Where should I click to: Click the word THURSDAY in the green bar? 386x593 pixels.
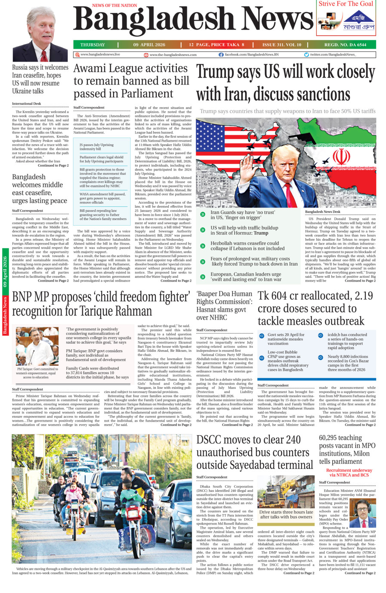pos(93,45)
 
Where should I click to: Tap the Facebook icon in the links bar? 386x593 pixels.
pos(221,55)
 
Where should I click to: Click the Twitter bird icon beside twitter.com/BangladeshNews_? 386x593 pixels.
pos(306,55)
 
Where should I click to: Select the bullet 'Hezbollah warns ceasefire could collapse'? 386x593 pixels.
pos(244,246)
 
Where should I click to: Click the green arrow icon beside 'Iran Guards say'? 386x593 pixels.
pos(203,214)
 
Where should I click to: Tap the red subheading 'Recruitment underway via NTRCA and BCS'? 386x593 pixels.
pos(349,472)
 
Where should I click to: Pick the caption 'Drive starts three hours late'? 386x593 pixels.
pos(286,514)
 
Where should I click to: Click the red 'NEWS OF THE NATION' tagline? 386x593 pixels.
pos(114,6)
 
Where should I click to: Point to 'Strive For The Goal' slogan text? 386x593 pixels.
pos(346,4)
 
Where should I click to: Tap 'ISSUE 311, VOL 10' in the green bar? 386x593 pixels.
pos(282,45)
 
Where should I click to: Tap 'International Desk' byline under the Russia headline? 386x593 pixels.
pos(27,104)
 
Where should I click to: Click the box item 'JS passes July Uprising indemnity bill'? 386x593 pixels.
pos(97,147)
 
